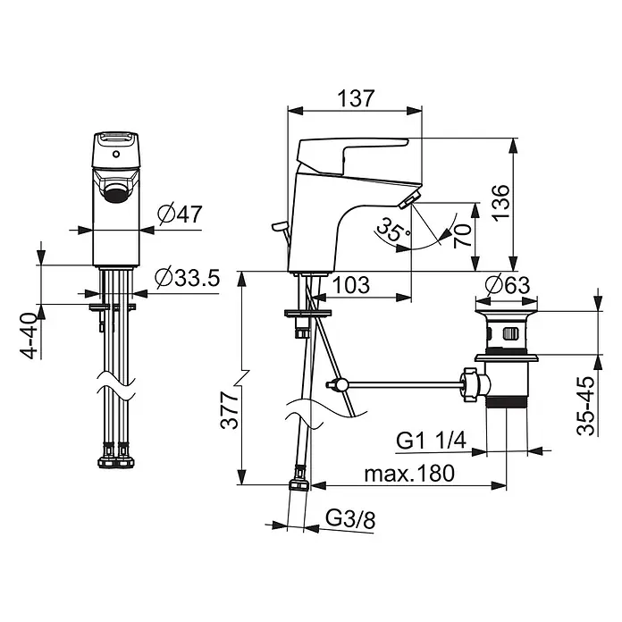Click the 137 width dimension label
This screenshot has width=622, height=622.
(356, 98)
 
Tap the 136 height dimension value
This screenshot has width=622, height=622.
(500, 201)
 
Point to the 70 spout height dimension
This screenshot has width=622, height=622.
(463, 235)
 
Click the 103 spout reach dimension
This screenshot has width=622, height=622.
(350, 285)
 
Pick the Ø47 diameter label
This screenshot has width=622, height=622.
(180, 214)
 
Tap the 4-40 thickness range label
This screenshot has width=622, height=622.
(29, 336)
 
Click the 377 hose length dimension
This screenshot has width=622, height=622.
(230, 410)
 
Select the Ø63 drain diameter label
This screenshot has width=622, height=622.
(507, 284)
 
